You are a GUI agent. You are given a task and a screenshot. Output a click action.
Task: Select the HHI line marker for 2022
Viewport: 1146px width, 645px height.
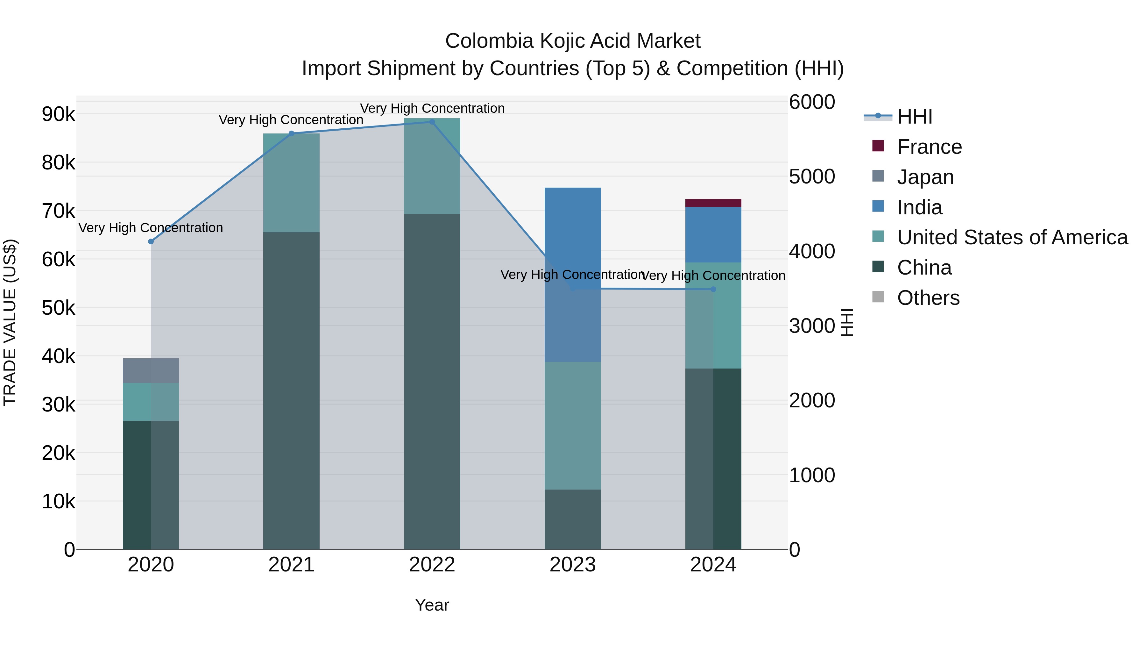coord(432,122)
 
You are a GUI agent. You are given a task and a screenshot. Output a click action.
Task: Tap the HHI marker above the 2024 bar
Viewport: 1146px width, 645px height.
coord(713,289)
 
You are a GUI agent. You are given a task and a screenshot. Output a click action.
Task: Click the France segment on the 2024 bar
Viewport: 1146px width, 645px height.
coord(713,203)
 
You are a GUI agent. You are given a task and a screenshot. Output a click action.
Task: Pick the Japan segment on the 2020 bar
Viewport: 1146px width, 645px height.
coord(151,370)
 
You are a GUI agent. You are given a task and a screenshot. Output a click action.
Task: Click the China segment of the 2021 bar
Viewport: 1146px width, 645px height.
coord(291,391)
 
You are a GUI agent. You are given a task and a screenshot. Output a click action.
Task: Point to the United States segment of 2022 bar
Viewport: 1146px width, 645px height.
coord(432,166)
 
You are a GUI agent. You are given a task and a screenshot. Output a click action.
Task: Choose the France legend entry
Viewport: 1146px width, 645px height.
coord(929,147)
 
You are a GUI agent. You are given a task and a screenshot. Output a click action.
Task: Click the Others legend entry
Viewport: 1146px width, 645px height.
coord(928,298)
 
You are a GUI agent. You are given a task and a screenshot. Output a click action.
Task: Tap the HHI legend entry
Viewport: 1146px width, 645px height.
coord(914,117)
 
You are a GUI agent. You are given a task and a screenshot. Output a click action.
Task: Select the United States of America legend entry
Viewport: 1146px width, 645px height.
coord(1012,237)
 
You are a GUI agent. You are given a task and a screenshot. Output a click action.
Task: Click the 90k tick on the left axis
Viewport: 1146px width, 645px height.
coord(58,114)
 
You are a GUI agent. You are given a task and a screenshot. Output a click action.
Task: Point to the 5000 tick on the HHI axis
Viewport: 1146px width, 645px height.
coord(812,177)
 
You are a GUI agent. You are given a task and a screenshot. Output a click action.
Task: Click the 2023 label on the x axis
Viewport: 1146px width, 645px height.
coord(573,565)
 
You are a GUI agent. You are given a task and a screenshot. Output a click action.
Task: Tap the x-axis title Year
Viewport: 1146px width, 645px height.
coord(432,605)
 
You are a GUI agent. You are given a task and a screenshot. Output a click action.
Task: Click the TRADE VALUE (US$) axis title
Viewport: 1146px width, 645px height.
coord(10,322)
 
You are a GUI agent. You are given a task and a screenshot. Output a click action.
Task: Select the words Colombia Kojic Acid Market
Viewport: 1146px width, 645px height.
coord(573,41)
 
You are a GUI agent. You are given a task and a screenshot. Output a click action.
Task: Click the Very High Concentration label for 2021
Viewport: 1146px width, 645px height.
coord(291,120)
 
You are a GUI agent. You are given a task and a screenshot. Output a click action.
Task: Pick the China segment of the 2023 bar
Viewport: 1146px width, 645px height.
coord(573,519)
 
